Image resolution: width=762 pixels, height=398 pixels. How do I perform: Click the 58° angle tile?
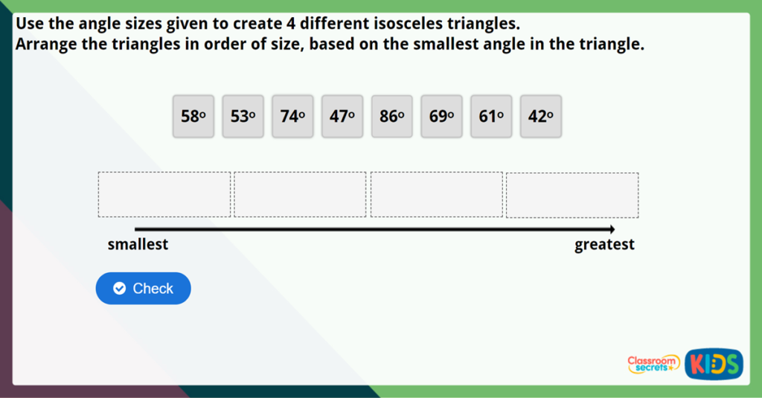pos(193,116)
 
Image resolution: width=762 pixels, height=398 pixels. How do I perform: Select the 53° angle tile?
pos(243,116)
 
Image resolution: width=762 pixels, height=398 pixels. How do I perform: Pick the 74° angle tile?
pos(292,116)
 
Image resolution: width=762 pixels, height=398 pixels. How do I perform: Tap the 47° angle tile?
pos(342,116)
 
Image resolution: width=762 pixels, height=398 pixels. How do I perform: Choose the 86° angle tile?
pos(392,116)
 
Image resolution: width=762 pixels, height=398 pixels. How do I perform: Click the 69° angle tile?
pos(441,116)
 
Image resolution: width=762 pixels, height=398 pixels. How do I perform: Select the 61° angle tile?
pos(491,116)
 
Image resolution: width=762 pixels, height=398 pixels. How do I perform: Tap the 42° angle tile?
pos(541,116)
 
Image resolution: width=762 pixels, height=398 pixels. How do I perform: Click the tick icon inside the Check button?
pos(119,289)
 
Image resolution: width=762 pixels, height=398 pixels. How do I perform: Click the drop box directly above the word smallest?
pos(164,195)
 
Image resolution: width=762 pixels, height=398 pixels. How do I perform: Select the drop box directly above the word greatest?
pos(572,195)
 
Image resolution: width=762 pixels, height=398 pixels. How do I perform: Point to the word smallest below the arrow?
pos(138,245)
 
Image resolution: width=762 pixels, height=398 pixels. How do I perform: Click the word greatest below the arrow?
pos(604,245)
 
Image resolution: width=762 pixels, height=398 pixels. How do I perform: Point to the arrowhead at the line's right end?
pos(611,229)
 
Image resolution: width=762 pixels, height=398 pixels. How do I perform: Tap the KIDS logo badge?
pos(714,364)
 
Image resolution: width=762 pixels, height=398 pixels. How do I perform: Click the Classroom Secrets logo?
pos(653,363)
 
